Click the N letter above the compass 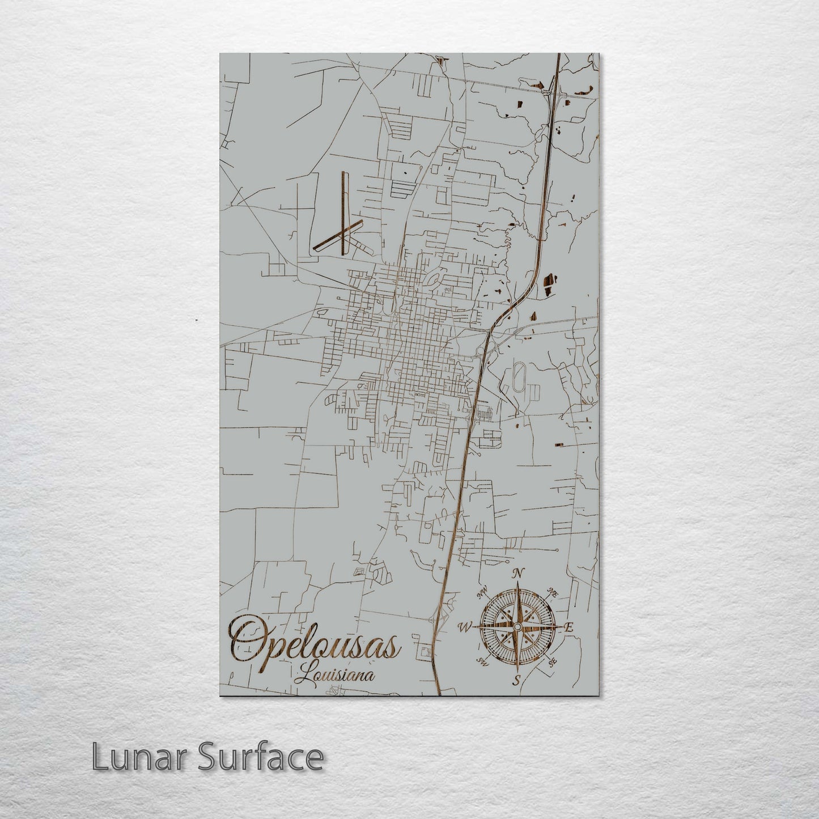[x=517, y=574]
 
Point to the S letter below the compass [x=516, y=681]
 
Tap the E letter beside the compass [x=569, y=627]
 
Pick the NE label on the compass [x=553, y=592]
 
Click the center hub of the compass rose [x=517, y=626]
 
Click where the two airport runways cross [x=343, y=231]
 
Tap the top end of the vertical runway [x=343, y=173]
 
